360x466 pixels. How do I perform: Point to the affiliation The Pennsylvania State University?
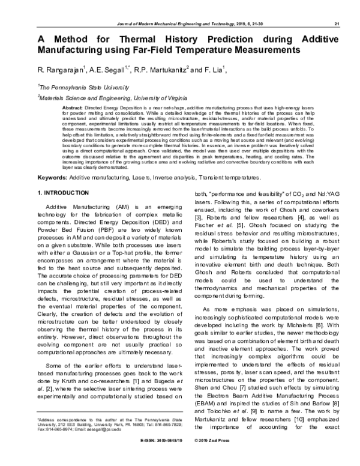pos(80,87)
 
